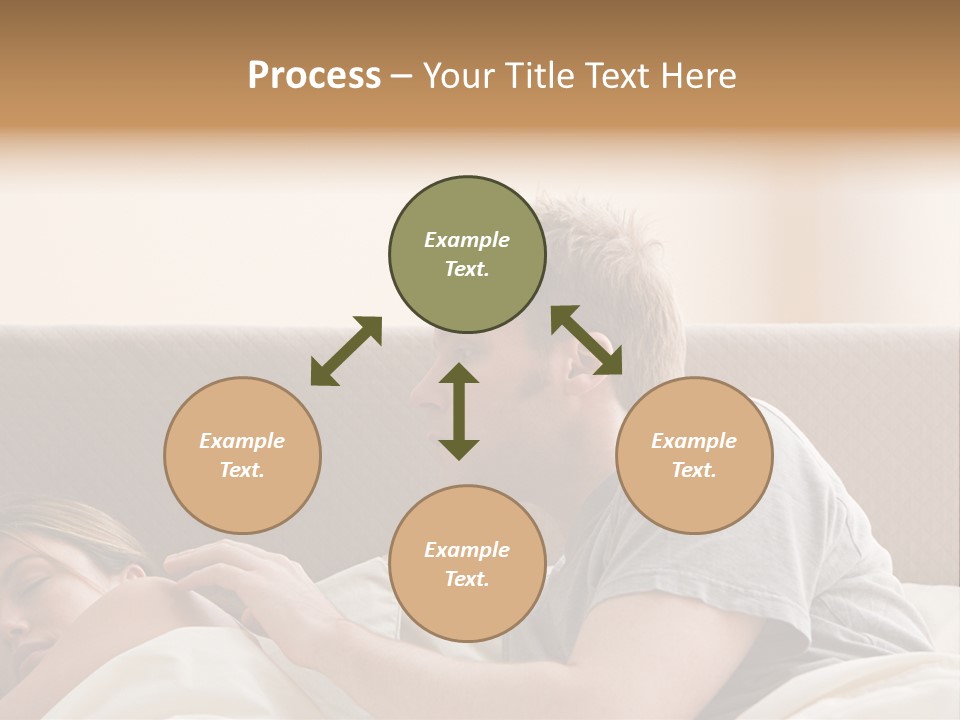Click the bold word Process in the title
point(314,76)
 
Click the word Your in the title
point(459,76)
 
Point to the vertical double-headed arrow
point(459,411)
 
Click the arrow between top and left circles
point(346,351)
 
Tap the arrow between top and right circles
point(587,340)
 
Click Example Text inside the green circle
point(467,254)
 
